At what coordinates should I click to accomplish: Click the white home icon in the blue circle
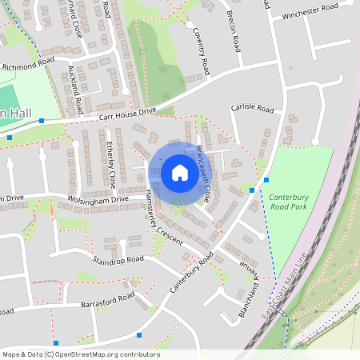(180, 172)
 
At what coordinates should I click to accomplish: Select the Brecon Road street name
(235, 30)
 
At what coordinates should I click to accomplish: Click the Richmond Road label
(28, 63)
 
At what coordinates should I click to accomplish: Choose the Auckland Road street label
(76, 87)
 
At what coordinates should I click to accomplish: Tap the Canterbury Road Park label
(288, 201)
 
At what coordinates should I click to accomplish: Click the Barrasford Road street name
(107, 301)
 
